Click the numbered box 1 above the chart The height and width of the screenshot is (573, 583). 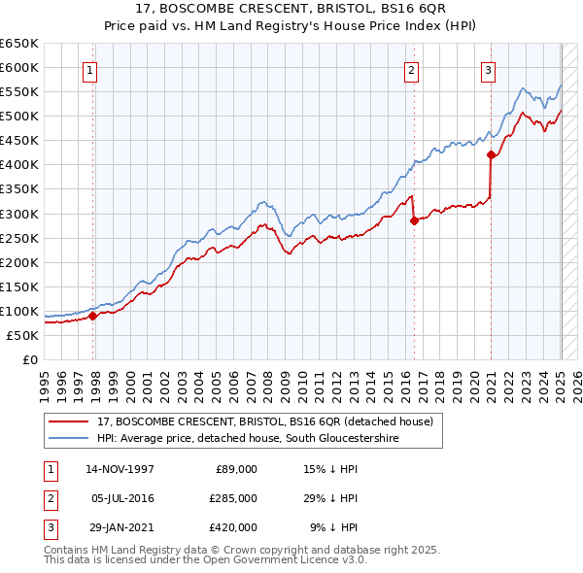88,69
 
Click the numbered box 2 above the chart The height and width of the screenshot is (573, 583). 412,69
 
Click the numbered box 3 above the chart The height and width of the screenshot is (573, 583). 487,69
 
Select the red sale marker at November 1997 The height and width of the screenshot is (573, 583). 93,316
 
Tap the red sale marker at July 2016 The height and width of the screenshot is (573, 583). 414,220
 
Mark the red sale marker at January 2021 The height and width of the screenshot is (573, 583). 492,154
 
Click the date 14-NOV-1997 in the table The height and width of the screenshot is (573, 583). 120,469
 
